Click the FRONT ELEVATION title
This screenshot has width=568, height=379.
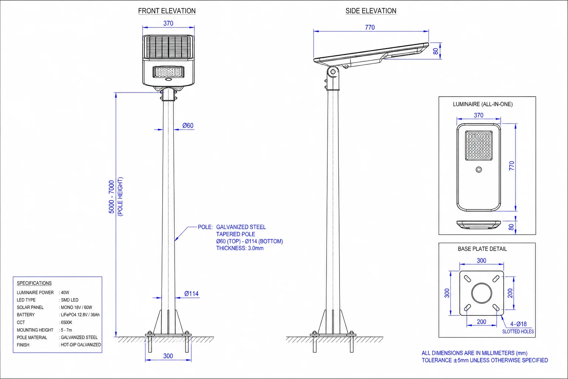tap(167, 11)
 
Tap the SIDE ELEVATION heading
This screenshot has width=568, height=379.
tap(371, 11)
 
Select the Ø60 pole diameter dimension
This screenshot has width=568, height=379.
tap(188, 125)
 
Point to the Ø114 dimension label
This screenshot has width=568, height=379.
tap(192, 294)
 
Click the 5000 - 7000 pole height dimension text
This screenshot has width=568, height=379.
tap(112, 197)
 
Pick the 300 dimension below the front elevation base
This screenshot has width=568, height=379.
tap(168, 356)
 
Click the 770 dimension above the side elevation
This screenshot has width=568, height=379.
tap(370, 27)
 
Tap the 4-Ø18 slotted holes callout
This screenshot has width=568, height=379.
tap(518, 324)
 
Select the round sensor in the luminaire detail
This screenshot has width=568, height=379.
tap(479, 169)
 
